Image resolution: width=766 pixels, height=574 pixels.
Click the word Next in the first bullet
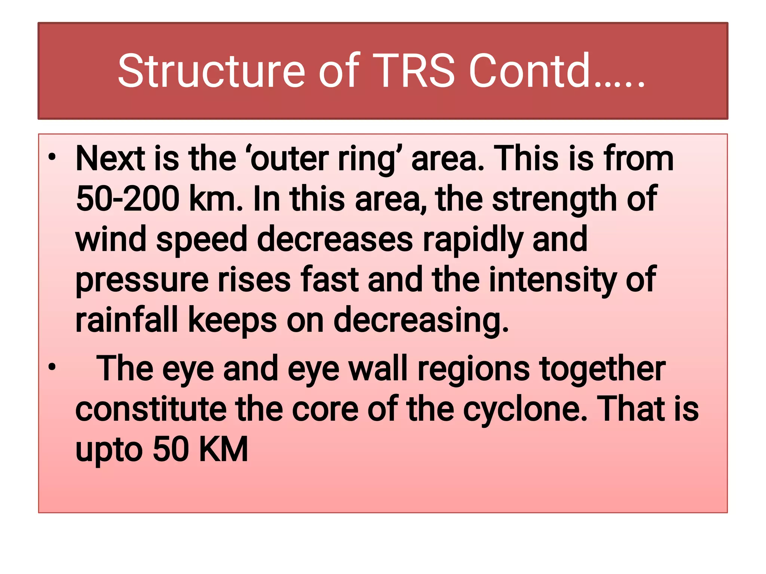[x=110, y=159]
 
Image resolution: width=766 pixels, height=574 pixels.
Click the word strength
[x=554, y=199]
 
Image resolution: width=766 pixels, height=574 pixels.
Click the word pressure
[x=142, y=280]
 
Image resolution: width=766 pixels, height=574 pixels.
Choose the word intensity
[x=553, y=280]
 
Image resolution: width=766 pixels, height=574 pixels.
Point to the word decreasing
[x=421, y=320]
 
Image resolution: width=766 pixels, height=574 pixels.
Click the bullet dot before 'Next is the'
[x=52, y=157]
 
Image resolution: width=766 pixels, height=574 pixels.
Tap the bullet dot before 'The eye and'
[x=52, y=367]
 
